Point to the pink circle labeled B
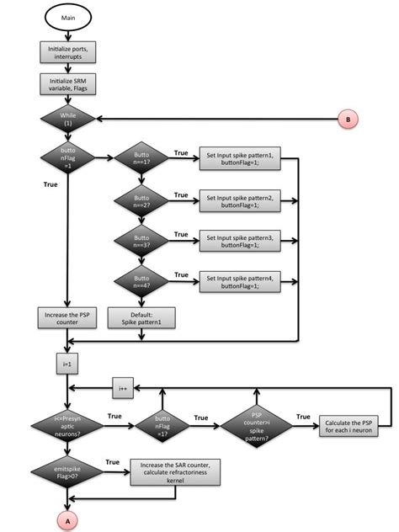click(348, 120)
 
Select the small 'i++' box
click(124, 389)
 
